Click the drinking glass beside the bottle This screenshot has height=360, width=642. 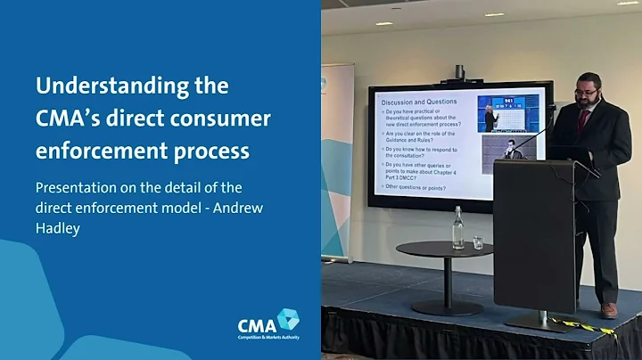[x=478, y=241]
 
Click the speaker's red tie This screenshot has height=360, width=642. [x=583, y=119]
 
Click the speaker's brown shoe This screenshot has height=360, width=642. [x=608, y=309]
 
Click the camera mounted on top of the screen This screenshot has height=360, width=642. [x=460, y=72]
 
